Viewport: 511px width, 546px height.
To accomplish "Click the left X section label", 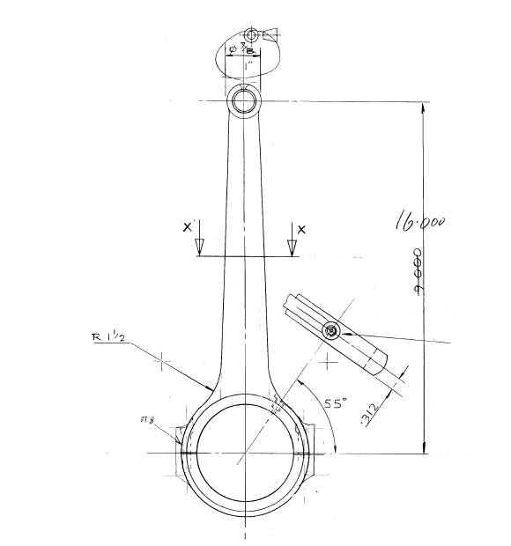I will click(187, 227).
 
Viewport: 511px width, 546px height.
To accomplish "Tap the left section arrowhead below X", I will click(199, 246).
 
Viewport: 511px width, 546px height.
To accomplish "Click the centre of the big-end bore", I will click(244, 454).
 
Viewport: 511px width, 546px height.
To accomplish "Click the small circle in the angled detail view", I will click(330, 330).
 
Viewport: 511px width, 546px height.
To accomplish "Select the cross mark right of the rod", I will click(328, 358).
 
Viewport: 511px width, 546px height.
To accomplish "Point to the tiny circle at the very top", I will click(252, 35).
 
